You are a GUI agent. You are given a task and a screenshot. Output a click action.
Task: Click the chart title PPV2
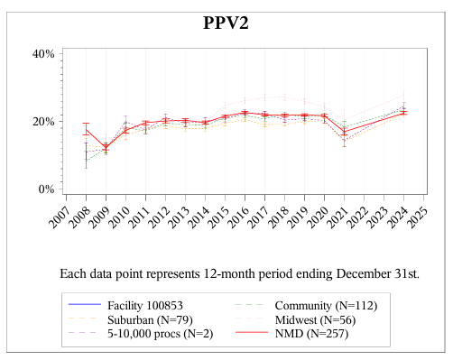[x=226, y=23]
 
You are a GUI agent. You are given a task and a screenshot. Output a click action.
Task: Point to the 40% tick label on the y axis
[x=43, y=54]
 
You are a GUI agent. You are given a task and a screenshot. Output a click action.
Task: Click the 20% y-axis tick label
[x=43, y=122]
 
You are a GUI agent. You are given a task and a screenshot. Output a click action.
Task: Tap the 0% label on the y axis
[x=46, y=189]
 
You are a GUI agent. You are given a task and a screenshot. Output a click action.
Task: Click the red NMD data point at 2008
[x=86, y=129]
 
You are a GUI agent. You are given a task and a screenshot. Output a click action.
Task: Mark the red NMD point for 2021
[x=344, y=132]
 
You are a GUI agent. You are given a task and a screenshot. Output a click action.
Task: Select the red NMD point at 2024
[x=403, y=112]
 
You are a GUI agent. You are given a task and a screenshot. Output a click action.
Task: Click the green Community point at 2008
[x=86, y=161]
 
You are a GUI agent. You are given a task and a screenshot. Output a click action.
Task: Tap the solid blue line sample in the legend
[x=85, y=305]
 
